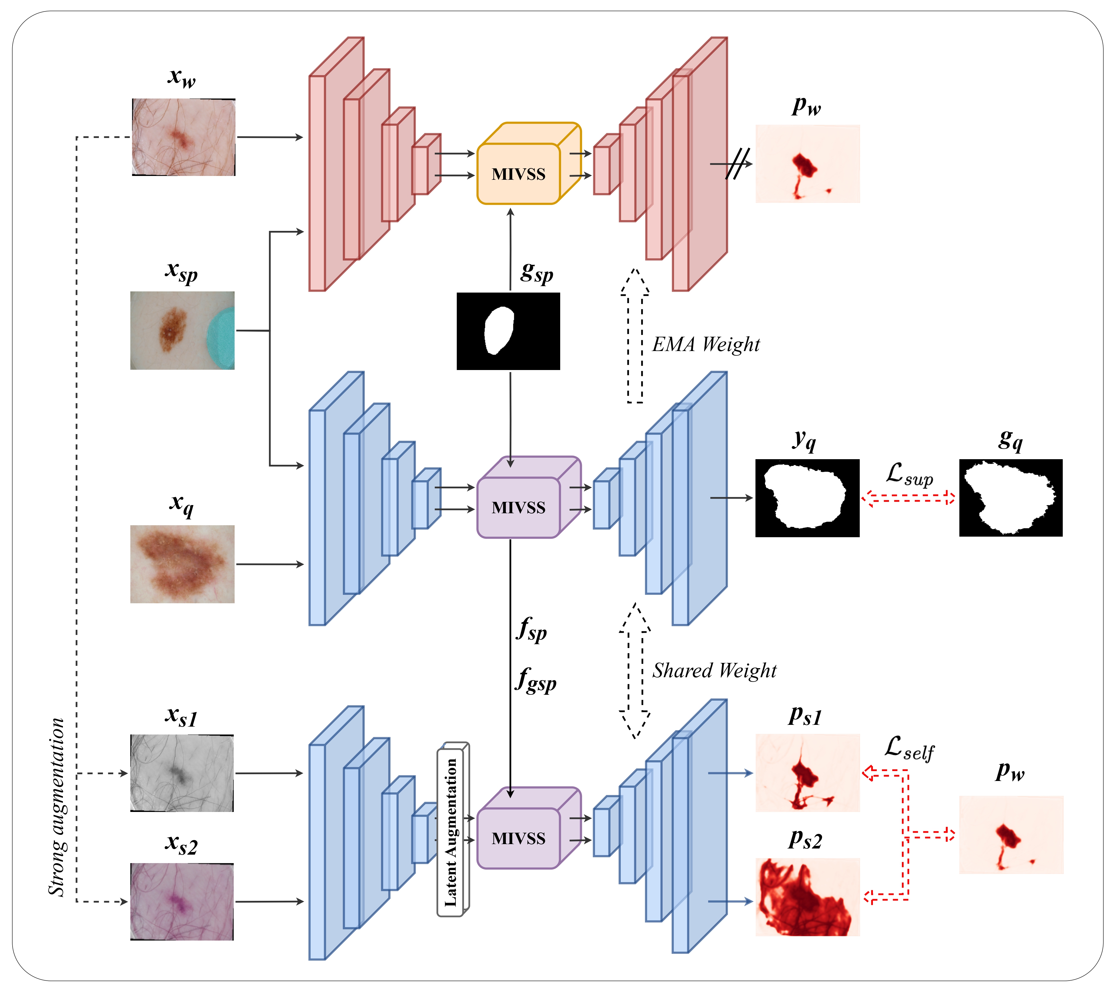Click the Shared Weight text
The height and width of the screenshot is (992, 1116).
click(x=714, y=670)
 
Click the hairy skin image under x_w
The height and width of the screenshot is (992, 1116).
click(x=183, y=137)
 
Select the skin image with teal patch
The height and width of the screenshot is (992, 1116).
click(x=182, y=330)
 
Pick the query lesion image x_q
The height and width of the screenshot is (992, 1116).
click(x=182, y=564)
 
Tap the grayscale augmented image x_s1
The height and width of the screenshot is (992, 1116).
click(x=182, y=773)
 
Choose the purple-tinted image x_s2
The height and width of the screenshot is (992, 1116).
click(x=182, y=901)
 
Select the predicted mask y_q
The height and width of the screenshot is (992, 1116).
click(x=807, y=498)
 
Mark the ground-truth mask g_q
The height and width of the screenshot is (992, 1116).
click(x=1011, y=498)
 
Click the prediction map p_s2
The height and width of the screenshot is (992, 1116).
click(x=807, y=897)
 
